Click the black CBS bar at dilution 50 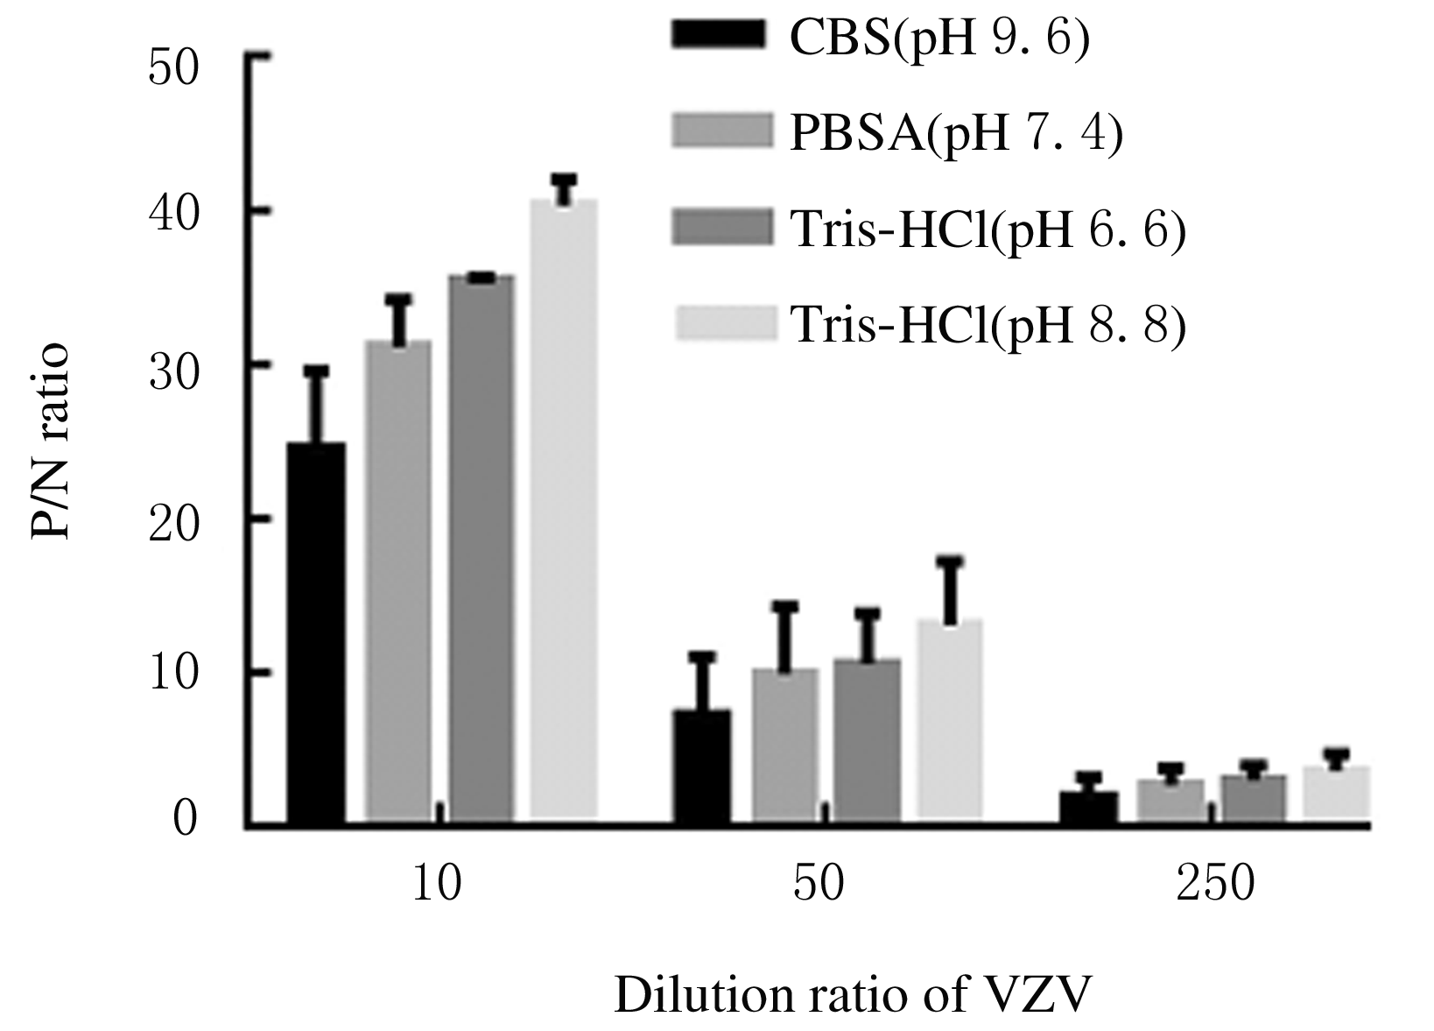701,767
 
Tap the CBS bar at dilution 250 1088,808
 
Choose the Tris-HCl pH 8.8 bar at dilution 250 1337,795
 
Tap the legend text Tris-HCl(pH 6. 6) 988,230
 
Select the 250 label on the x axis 1215,886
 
